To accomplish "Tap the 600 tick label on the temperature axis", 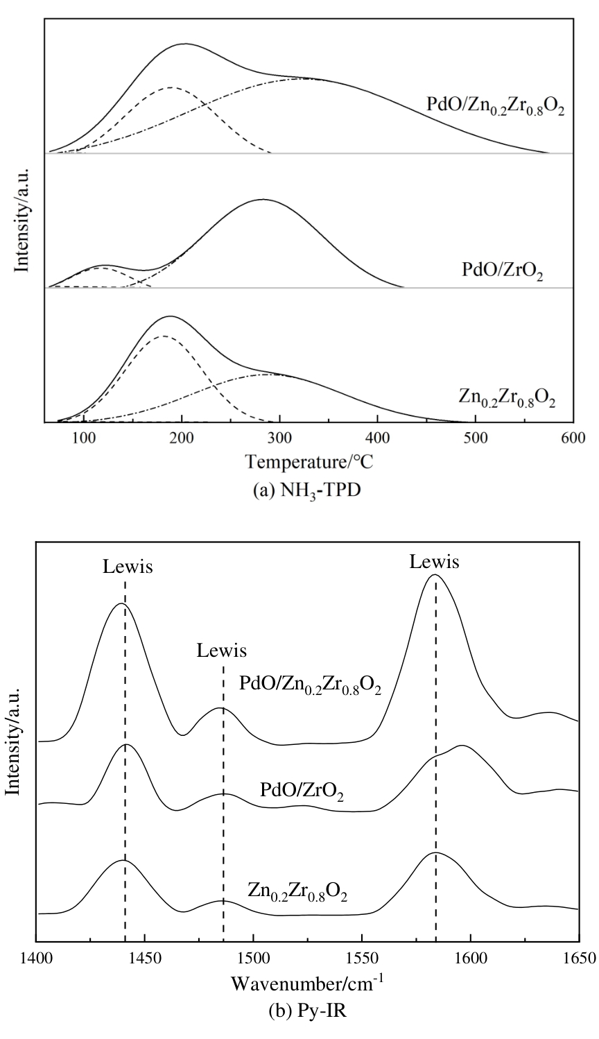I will [573, 438].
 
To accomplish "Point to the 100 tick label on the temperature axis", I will [83, 438].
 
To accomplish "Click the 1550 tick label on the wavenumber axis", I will [362, 959].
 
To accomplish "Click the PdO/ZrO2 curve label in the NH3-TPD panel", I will [503, 270].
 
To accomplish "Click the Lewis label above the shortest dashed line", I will [222, 651].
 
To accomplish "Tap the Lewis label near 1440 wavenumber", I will [128, 567].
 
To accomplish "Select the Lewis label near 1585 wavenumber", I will [434, 562].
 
